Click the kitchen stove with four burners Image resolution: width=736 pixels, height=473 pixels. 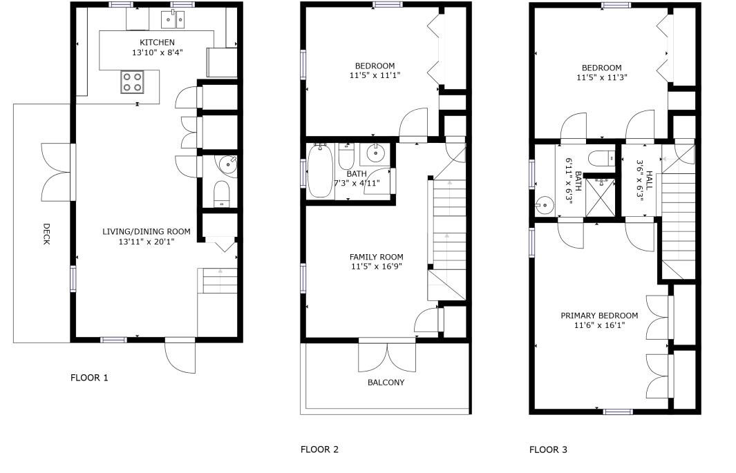tap(131, 82)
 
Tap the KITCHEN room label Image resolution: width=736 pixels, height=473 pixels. tap(158, 43)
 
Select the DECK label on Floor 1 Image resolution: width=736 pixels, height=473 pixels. tap(46, 233)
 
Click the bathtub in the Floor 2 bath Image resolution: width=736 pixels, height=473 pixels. tap(320, 170)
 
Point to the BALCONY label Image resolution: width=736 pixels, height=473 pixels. tap(386, 383)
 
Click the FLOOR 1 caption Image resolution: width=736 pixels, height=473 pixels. tap(89, 378)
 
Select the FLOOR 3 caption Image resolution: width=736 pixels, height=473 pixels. tap(548, 450)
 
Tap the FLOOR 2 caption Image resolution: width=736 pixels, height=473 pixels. tap(319, 450)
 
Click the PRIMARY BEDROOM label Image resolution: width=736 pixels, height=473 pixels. tap(599, 316)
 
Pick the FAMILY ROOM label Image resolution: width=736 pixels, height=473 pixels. tap(376, 257)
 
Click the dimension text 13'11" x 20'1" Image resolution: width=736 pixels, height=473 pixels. tap(146, 242)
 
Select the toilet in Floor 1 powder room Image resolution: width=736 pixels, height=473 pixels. tap(221, 194)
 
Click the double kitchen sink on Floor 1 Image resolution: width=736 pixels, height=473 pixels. tap(173, 21)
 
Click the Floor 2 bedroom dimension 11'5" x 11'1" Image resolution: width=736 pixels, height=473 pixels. tap(375, 75)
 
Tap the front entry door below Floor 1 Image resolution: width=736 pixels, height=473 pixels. tap(180, 356)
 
